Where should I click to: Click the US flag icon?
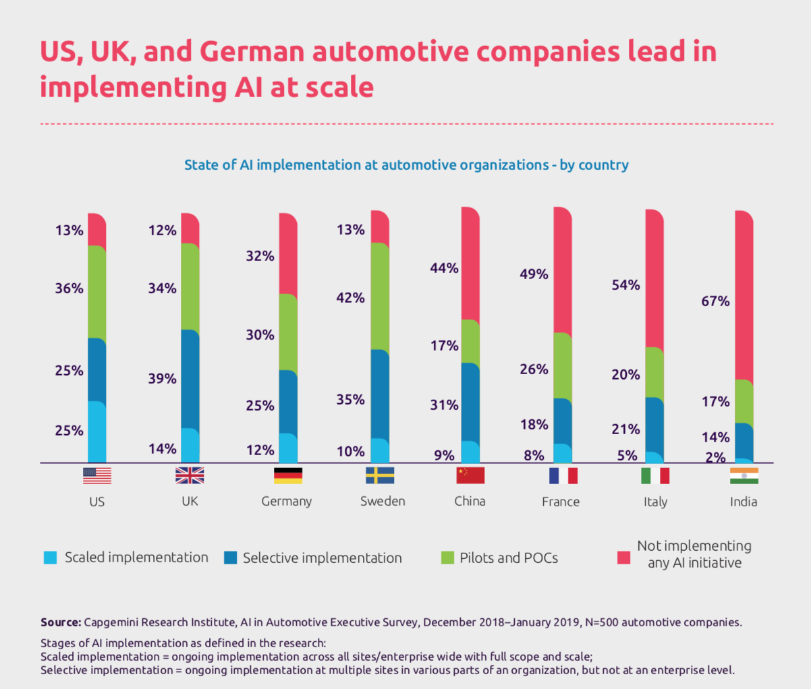97,475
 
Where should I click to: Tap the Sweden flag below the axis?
380,475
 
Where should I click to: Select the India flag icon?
744,475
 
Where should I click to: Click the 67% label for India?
715,301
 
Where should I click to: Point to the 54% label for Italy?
625,285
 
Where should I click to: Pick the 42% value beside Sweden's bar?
350,298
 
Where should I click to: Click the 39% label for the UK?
162,379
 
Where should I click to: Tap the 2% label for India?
715,458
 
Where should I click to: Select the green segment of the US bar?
97,292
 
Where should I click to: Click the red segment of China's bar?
470,264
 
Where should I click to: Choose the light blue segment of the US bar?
97,432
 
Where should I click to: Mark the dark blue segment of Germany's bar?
288,402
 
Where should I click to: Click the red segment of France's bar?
563,270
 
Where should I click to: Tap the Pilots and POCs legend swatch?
447,558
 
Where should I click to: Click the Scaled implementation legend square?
51,558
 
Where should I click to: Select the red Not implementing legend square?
624,558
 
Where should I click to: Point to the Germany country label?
287,502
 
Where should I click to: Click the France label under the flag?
561,502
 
